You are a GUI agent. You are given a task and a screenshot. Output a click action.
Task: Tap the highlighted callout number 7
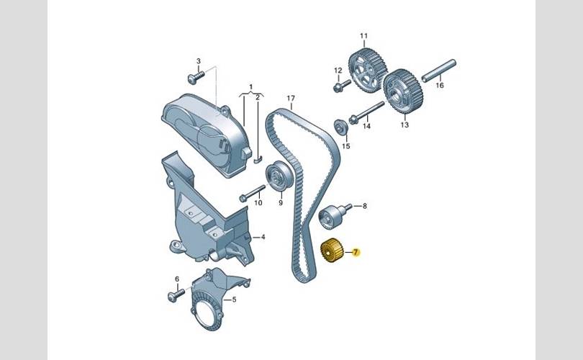(x=356, y=253)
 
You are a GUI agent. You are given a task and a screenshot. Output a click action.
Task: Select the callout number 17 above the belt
(x=291, y=98)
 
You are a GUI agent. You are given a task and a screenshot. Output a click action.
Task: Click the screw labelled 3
(x=196, y=77)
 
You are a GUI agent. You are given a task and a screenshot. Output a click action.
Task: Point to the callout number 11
(x=363, y=36)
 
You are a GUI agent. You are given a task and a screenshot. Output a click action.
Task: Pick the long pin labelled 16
(x=439, y=70)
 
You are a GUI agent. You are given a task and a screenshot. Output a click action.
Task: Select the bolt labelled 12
(x=342, y=86)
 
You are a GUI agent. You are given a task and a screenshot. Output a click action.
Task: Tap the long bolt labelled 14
(x=366, y=111)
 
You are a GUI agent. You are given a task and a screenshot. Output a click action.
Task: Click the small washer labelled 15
(x=341, y=127)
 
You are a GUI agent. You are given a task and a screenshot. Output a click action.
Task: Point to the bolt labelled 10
(x=253, y=193)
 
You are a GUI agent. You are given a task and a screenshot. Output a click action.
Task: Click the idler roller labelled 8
(x=333, y=216)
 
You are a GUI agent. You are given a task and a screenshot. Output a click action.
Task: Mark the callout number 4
(x=263, y=237)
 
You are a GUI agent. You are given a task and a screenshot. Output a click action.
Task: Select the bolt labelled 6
(x=176, y=295)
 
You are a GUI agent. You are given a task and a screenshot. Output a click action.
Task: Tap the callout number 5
(x=234, y=300)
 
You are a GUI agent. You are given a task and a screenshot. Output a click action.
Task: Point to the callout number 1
(x=250, y=87)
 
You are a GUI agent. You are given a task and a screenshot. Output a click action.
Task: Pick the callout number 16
(x=440, y=86)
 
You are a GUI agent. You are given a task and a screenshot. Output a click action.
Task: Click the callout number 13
(x=405, y=125)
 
